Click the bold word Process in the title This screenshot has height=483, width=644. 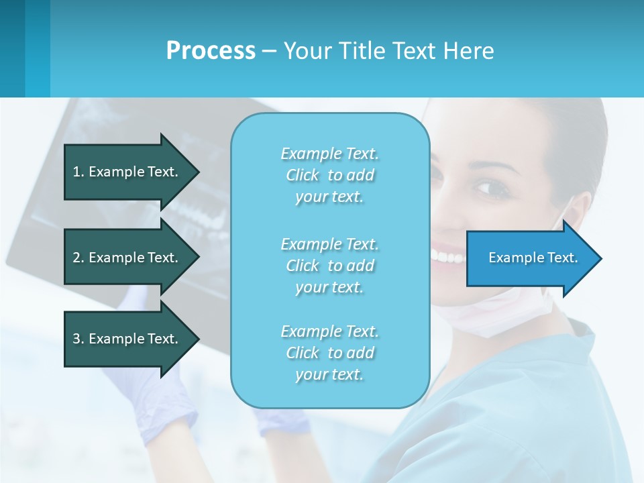tap(211, 50)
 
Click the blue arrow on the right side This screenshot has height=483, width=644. tap(530, 258)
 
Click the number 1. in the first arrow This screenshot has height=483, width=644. tap(78, 172)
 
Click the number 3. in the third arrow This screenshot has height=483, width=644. tap(78, 339)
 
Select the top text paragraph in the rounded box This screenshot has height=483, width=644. tap(329, 175)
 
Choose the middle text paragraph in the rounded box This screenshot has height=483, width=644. tap(329, 266)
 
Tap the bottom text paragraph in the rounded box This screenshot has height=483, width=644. tap(329, 353)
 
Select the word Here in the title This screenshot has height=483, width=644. tap(470, 50)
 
